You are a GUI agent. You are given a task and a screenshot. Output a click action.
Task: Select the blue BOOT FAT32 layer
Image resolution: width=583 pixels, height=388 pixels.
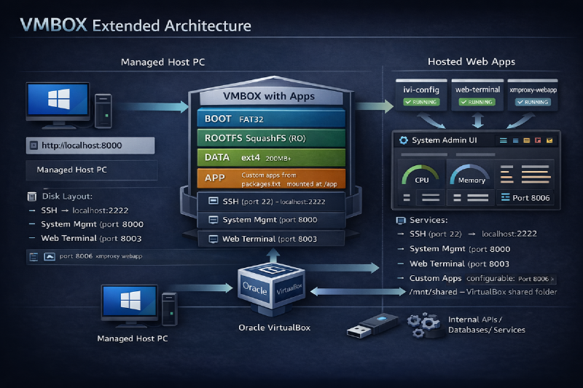click(270, 119)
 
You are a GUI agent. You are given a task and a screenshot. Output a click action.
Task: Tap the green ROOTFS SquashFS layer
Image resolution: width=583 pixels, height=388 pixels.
click(270, 138)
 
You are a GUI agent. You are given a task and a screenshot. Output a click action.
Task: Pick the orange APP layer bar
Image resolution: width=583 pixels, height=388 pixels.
click(270, 178)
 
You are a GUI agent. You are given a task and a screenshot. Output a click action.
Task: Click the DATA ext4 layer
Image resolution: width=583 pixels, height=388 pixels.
click(270, 157)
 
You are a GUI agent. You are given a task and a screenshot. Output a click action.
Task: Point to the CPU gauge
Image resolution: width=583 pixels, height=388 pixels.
click(421, 178)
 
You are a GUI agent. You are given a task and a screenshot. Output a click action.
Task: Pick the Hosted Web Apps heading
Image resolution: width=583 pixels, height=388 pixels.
click(473, 63)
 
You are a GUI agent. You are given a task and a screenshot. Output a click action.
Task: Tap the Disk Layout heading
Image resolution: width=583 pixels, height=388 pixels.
click(66, 196)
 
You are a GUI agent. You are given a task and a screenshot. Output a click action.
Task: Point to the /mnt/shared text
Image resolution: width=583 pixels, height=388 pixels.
click(424, 292)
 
